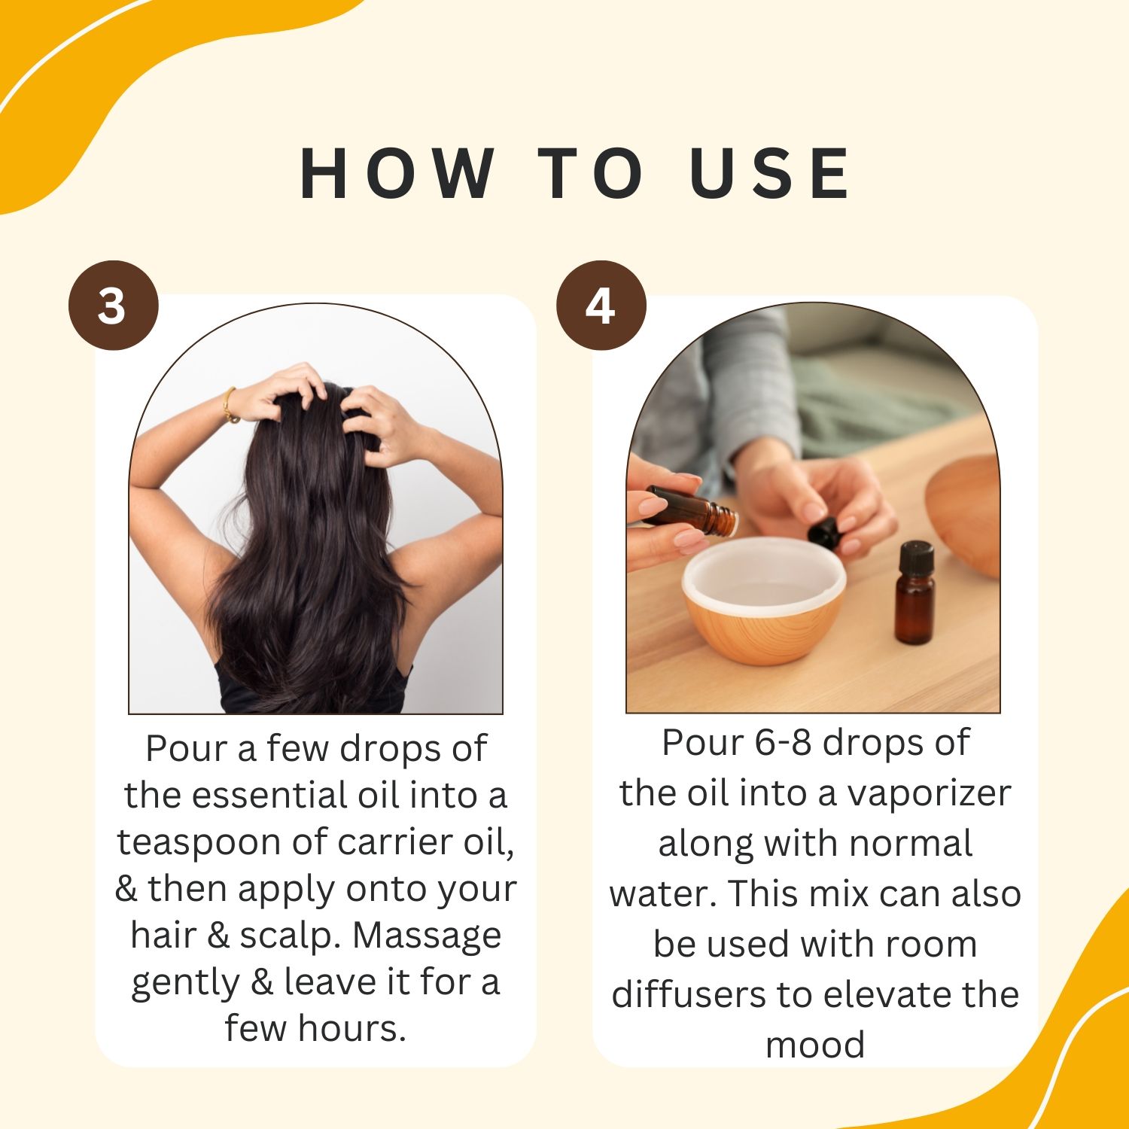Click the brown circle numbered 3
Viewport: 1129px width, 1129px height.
pos(113,305)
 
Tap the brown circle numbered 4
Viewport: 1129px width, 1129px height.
pos(601,305)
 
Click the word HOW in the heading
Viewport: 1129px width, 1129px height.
pos(397,173)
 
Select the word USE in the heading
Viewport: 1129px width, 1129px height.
pos(770,173)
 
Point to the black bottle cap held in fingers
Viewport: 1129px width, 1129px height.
pos(825,533)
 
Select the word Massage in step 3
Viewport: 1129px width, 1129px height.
pos(427,936)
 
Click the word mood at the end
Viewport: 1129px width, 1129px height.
pos(815,1045)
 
